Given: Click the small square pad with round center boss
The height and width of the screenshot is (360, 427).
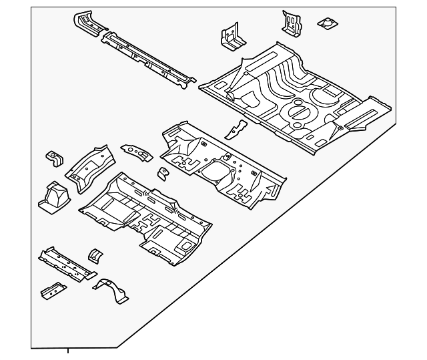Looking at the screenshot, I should [326, 24].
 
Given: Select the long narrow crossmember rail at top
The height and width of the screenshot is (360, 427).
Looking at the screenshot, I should [149, 59].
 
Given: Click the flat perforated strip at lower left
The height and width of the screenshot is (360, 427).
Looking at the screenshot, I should [66, 264].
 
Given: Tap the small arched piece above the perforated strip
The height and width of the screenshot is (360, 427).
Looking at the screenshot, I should [95, 254].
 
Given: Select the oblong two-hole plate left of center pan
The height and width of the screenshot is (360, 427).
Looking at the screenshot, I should [136, 152].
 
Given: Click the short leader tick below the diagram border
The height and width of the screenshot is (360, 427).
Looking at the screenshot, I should [67, 353].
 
